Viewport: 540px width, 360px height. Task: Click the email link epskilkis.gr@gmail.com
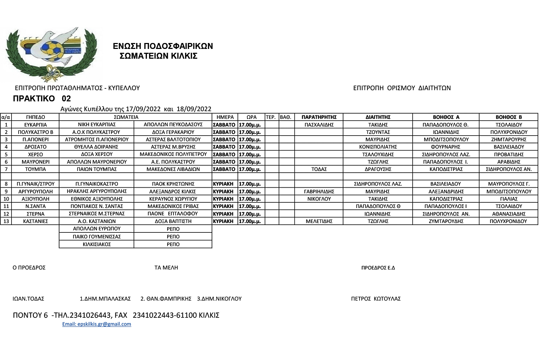click(x=97, y=324)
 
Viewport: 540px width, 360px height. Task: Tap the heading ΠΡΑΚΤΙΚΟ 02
click(x=42, y=99)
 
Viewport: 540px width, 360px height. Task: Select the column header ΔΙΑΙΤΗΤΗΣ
click(x=378, y=117)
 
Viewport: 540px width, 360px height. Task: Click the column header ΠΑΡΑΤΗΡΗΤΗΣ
click(x=319, y=117)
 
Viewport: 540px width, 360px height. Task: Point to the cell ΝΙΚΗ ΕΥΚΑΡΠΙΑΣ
click(x=97, y=124)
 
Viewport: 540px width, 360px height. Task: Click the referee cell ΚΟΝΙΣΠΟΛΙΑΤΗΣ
click(x=378, y=147)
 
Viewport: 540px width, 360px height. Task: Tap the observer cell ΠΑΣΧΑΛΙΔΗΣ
click(x=319, y=125)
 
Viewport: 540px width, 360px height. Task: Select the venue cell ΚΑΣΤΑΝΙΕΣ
click(x=35, y=221)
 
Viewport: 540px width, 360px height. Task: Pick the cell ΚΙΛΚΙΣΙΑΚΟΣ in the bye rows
click(x=97, y=244)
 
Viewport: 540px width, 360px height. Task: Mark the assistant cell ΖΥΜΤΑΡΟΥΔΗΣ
click(x=446, y=221)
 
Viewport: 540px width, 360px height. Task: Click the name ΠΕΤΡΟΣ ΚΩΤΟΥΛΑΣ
click(x=376, y=299)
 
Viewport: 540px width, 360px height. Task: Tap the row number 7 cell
click(x=6, y=169)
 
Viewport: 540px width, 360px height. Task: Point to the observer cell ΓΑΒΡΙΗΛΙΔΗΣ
click(x=319, y=192)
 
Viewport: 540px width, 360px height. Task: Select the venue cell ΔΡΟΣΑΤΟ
click(x=35, y=147)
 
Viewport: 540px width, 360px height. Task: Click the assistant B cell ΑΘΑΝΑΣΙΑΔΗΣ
click(x=509, y=214)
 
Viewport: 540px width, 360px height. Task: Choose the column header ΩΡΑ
click(x=251, y=117)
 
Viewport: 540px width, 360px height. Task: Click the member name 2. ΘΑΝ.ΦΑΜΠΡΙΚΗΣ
click(x=166, y=299)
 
